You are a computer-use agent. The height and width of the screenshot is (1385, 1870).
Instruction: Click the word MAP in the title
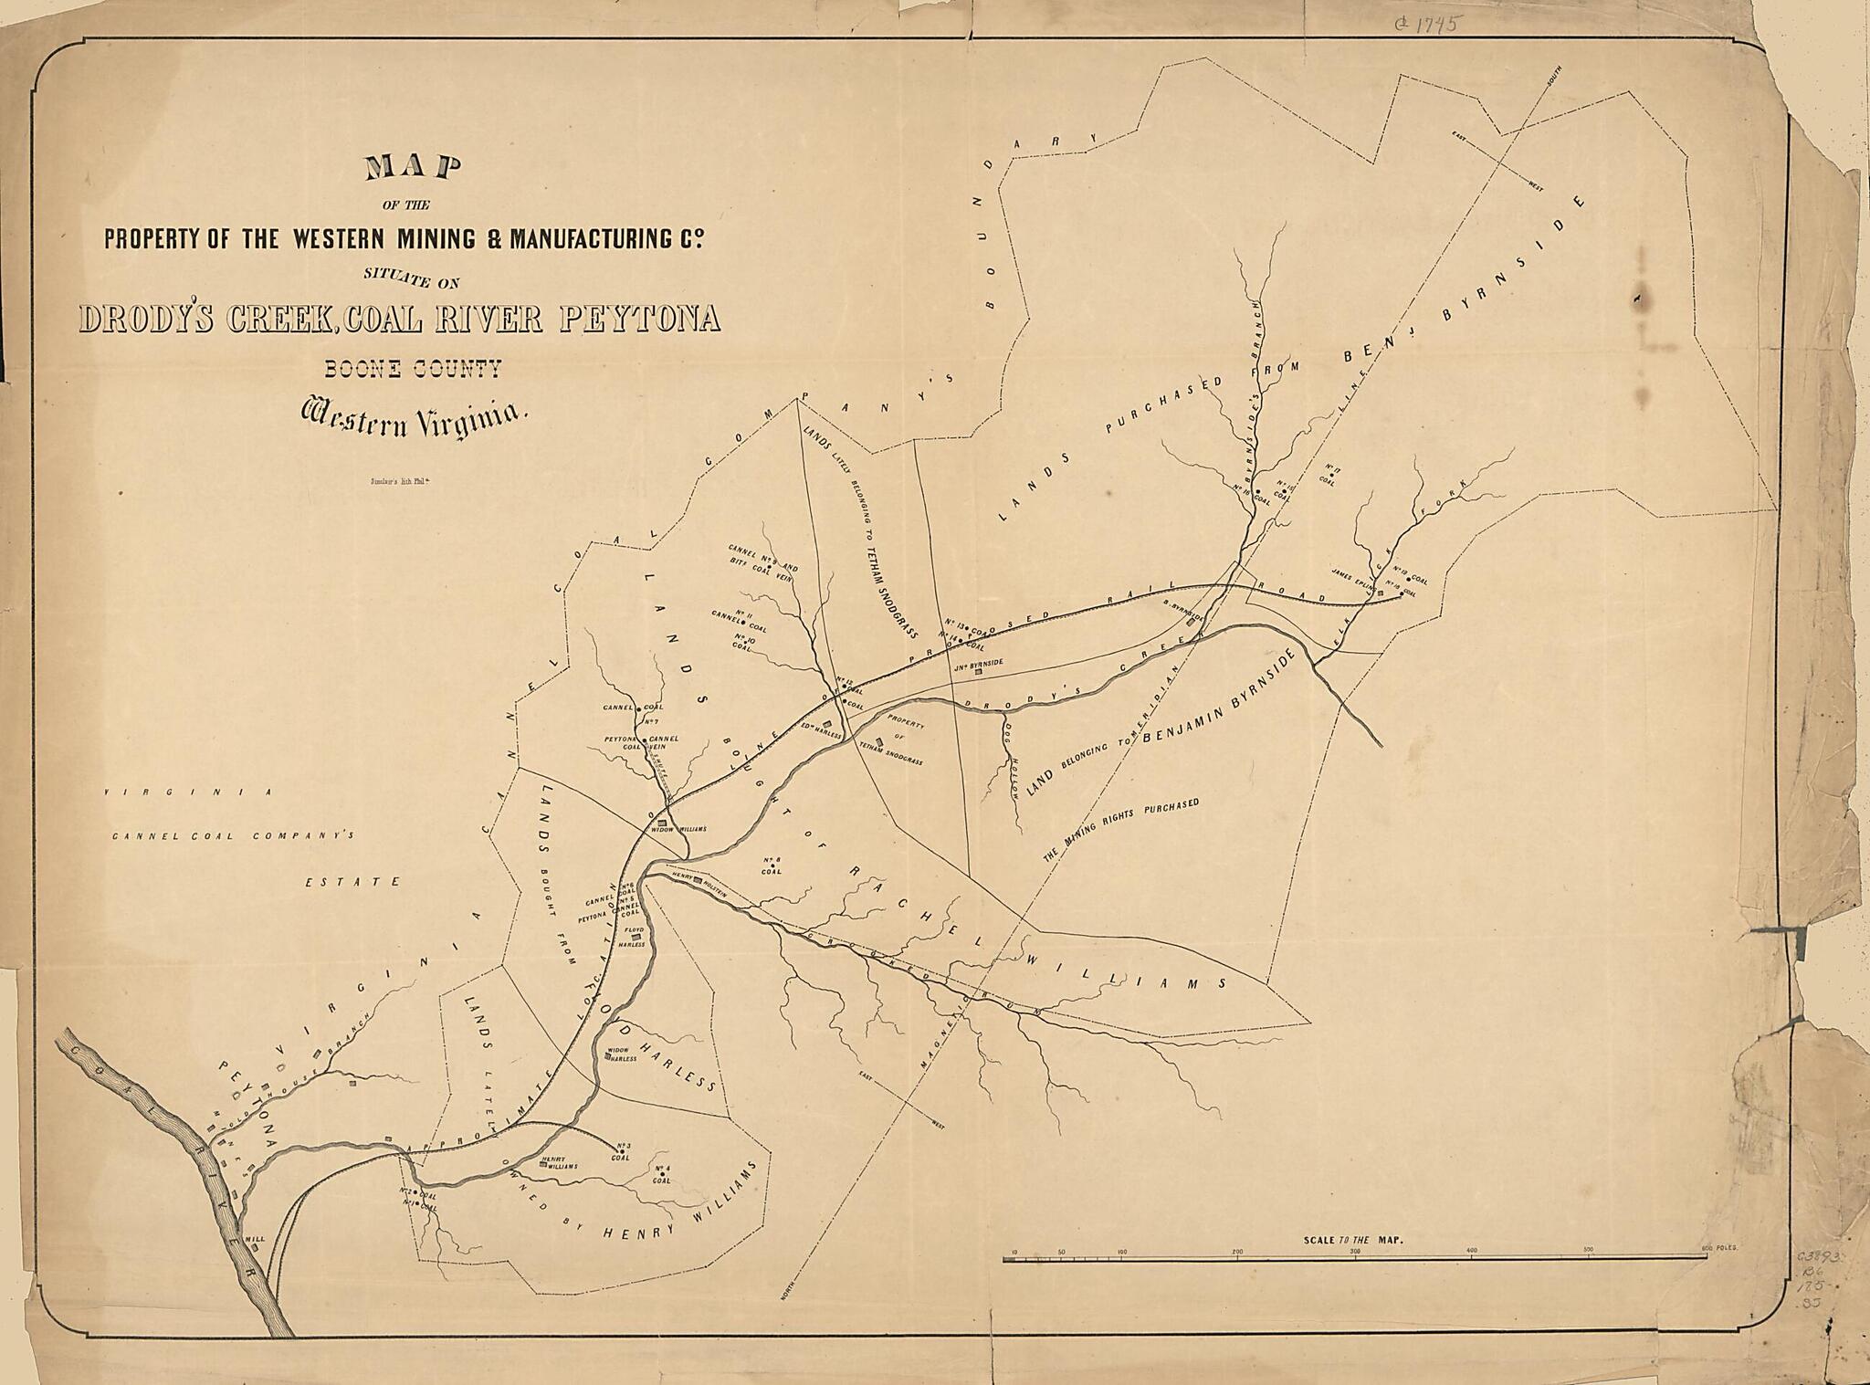[x=414, y=167]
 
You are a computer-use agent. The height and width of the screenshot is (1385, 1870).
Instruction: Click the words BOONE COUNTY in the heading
[x=411, y=369]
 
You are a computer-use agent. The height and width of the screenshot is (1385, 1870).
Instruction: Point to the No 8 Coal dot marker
[x=772, y=865]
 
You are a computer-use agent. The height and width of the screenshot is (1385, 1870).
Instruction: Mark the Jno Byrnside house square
[x=978, y=671]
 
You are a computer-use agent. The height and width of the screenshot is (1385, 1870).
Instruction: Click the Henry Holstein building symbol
[x=698, y=880]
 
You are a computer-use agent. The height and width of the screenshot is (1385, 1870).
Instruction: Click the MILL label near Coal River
[x=254, y=1239]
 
